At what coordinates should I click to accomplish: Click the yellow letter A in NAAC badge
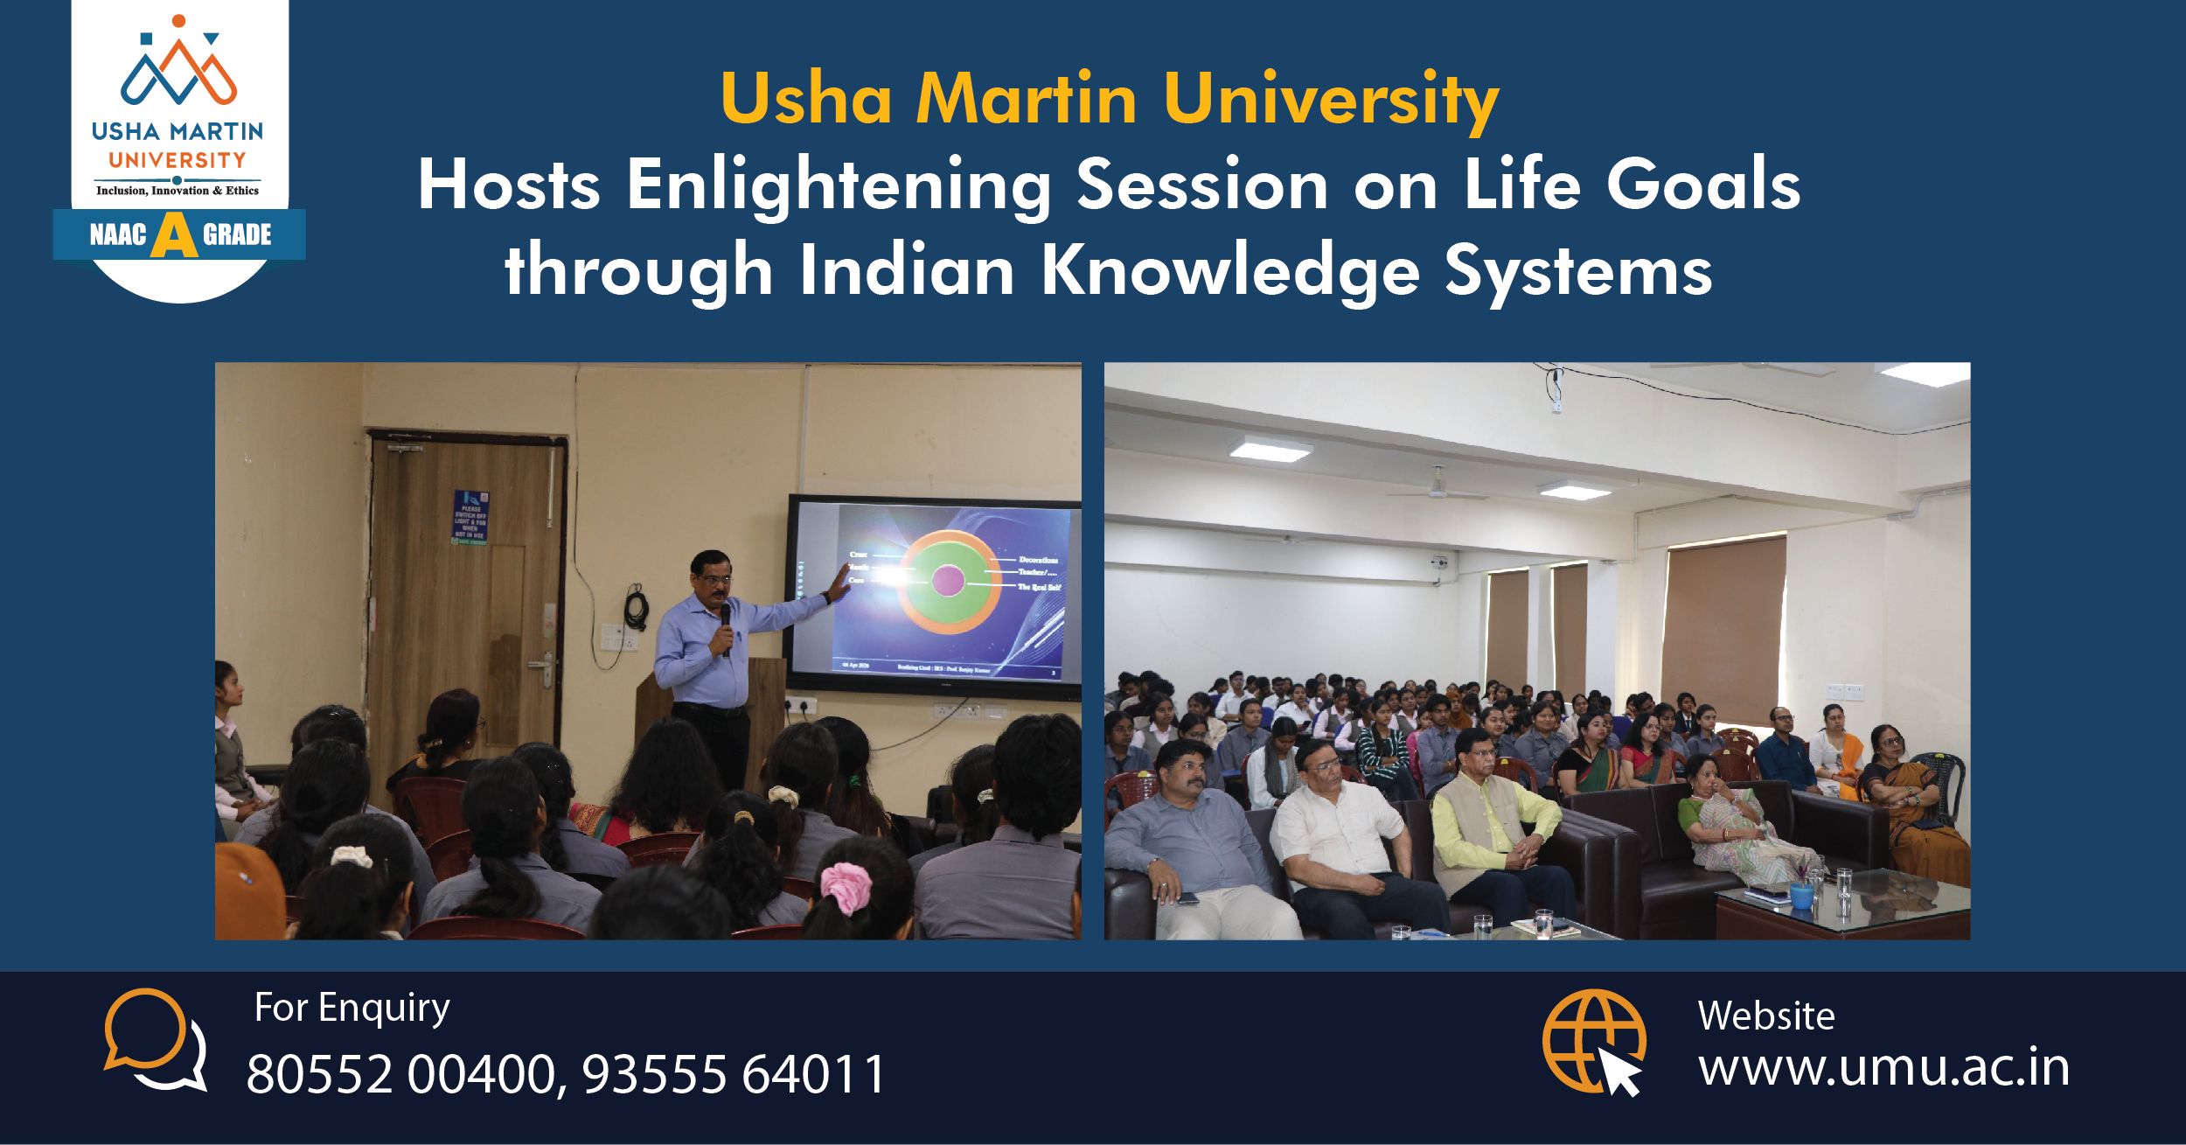pos(174,235)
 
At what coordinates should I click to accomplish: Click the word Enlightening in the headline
pos(839,185)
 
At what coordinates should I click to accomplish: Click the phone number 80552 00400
pos(401,1074)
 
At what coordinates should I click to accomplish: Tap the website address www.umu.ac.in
pos(1883,1067)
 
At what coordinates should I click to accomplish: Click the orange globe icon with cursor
pos(1593,1041)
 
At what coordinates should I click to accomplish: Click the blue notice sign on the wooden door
pos(470,517)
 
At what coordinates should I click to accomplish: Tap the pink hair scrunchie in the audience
pos(846,888)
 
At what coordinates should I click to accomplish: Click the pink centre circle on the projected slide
pos(948,580)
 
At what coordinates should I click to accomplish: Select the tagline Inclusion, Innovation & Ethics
pos(178,191)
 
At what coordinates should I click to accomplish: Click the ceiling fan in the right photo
pos(1435,490)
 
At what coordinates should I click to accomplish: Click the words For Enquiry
pos(352,1008)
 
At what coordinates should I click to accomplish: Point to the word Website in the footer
pos(1765,1016)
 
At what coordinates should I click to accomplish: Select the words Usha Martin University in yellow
pos(1109,99)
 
